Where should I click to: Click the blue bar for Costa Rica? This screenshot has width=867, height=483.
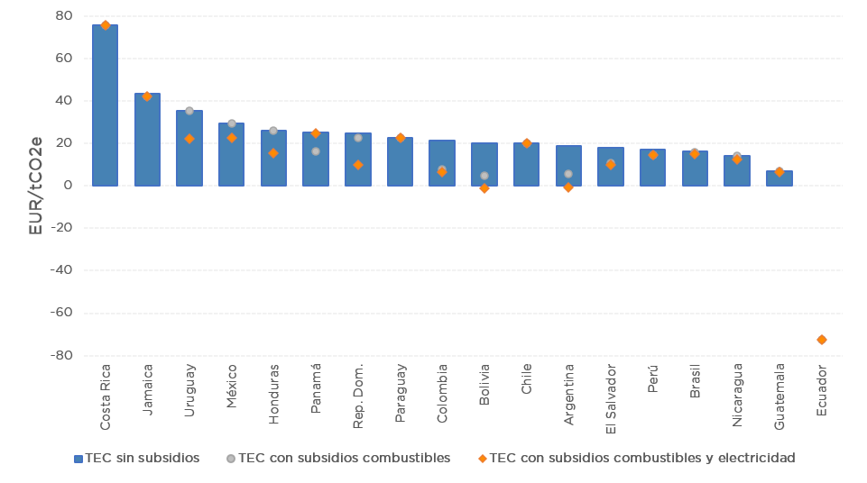[105, 105]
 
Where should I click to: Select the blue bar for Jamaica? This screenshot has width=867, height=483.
[147, 140]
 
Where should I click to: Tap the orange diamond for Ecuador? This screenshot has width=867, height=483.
[822, 340]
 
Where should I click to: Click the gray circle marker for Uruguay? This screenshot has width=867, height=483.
[189, 111]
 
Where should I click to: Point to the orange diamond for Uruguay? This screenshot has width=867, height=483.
[189, 139]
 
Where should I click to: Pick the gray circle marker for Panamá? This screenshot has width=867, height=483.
[316, 151]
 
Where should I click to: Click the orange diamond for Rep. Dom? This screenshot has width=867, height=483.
[358, 165]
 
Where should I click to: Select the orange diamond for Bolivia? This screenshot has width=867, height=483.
[484, 188]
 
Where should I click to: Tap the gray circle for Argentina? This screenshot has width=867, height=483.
[568, 174]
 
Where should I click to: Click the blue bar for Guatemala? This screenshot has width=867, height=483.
[779, 178]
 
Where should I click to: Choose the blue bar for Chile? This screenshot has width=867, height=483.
[527, 165]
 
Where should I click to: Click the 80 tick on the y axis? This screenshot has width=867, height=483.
[64, 16]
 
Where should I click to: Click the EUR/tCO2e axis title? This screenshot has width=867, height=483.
[36, 186]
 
